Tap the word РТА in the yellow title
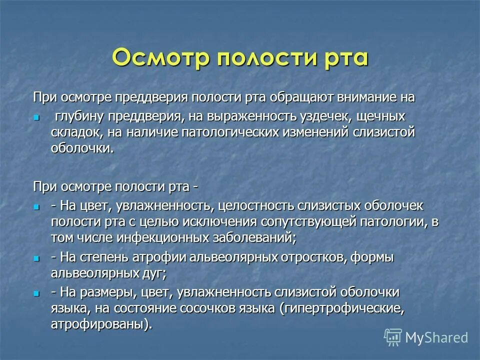pos(340,57)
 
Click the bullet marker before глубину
pos(35,117)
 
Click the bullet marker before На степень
pos(35,258)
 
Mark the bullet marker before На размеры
pos(35,293)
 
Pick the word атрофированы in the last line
pos(99,324)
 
